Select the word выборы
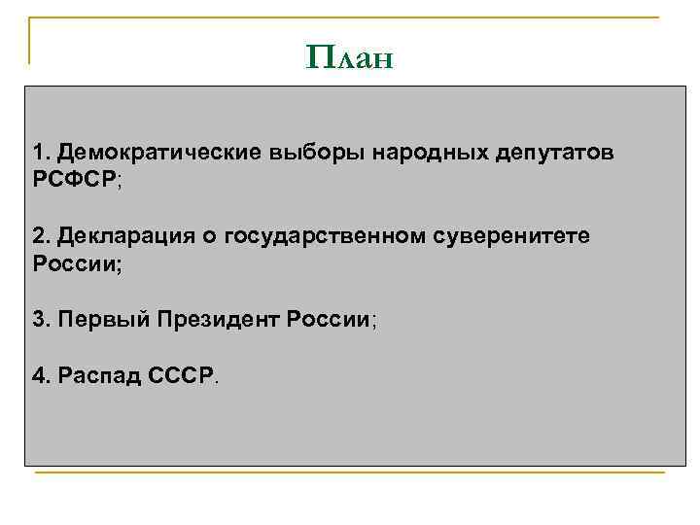click(x=303, y=154)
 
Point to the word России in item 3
click(x=328, y=320)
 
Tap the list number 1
click(x=39, y=154)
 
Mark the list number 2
click(x=39, y=236)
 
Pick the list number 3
click(x=39, y=320)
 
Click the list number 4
click(x=39, y=375)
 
